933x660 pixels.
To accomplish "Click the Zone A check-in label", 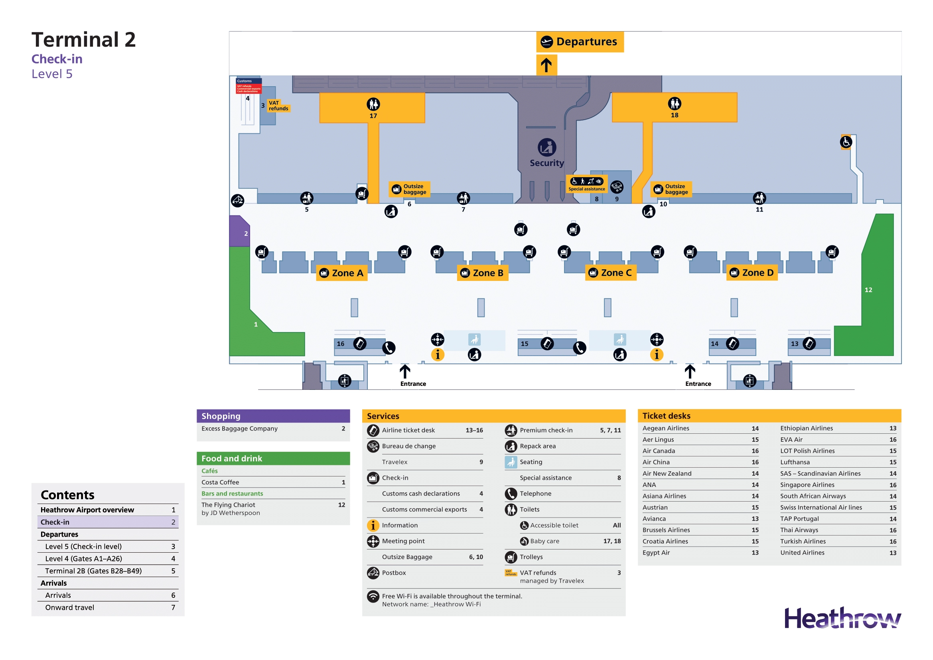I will pos(342,273).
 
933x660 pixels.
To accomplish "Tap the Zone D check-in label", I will pos(752,273).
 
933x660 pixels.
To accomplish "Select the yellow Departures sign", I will pos(580,42).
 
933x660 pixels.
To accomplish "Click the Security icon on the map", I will pos(547,148).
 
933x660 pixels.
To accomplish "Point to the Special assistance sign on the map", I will pos(587,184).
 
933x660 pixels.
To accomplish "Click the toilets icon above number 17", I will pos(373,105).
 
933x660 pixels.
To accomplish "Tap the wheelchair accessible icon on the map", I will pos(846,142).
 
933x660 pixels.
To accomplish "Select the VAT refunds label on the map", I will pos(278,106).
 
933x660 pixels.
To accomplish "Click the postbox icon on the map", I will pos(238,200).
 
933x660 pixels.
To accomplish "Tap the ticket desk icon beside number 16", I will pos(360,344).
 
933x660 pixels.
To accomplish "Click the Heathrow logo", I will pos(842,618).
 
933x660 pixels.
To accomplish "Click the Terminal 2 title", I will pos(84,40).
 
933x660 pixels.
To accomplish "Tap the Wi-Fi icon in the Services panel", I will pos(373,596).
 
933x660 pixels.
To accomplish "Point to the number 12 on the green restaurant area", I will pos(868,290).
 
